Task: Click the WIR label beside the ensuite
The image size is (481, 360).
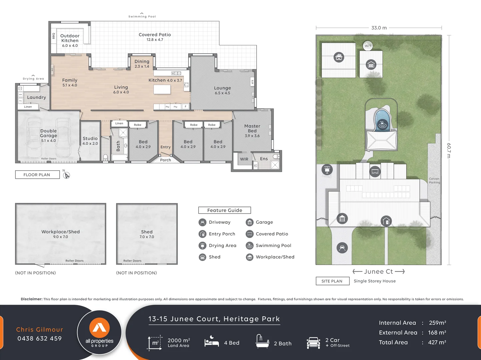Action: (244, 159)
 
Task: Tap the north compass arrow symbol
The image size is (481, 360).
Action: (66, 175)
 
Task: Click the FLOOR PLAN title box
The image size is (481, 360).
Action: (37, 175)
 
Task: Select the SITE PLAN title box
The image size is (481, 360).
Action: (332, 281)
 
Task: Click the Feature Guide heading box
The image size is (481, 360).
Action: (224, 210)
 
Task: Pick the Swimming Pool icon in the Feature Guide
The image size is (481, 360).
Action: (250, 246)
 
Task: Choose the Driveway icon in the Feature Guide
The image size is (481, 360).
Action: (202, 222)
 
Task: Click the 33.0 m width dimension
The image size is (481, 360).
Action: (379, 28)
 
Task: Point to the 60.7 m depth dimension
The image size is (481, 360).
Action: (449, 150)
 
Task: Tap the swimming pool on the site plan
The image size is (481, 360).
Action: (382, 120)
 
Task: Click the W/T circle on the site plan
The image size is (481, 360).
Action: (368, 46)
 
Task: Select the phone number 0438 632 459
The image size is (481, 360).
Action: (40, 339)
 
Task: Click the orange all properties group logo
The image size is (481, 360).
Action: (99, 328)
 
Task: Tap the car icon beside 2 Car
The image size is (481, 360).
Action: (313, 343)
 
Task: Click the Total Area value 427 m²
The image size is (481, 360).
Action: (437, 342)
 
